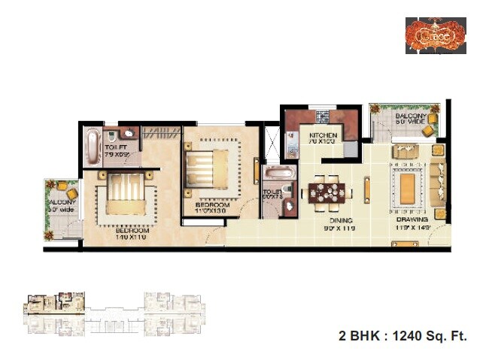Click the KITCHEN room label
(321, 135)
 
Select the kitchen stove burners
(324, 116)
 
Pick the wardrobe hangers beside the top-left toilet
(160, 133)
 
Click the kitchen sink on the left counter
(292, 139)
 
